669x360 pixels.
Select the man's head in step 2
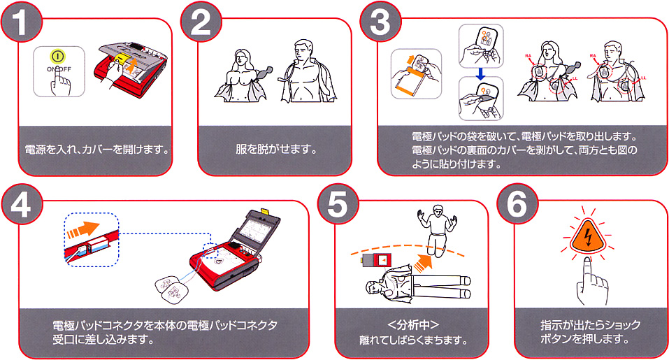[x=303, y=50]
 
